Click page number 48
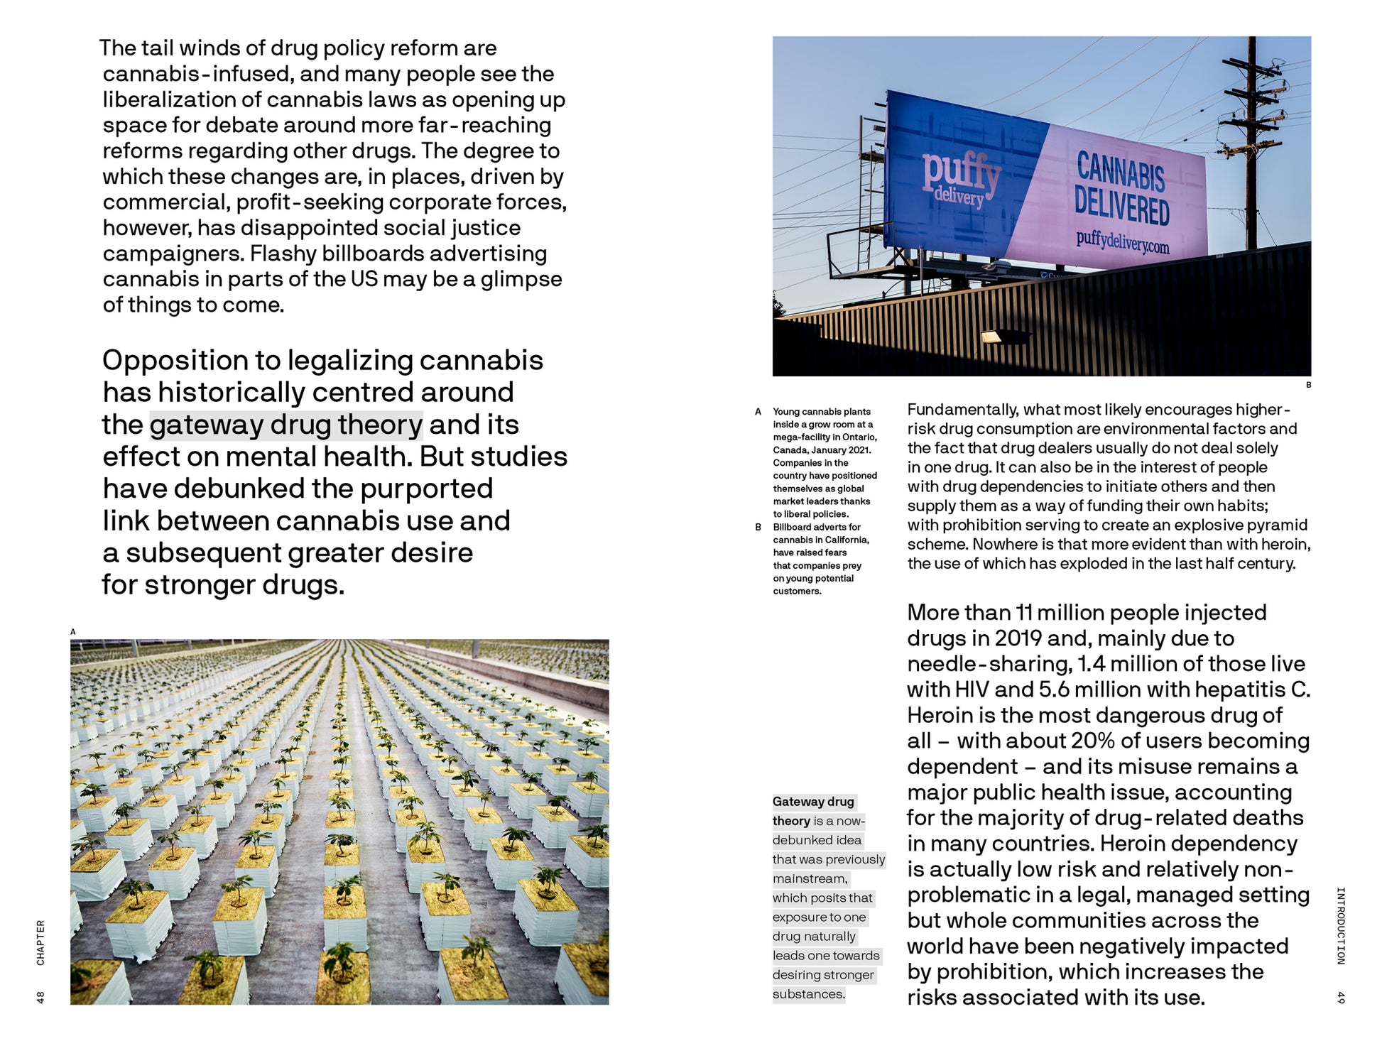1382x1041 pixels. click(x=40, y=997)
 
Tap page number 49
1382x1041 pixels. click(x=1340, y=997)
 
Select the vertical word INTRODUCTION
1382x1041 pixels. click(x=1340, y=925)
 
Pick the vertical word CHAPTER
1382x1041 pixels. click(x=40, y=942)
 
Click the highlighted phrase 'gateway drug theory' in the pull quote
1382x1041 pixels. click(x=285, y=425)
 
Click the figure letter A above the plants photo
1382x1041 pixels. click(x=73, y=631)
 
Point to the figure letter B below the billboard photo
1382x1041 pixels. click(x=1308, y=385)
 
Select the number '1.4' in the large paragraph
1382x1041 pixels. click(x=1090, y=664)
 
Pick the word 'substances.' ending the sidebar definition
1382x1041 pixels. click(x=809, y=994)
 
